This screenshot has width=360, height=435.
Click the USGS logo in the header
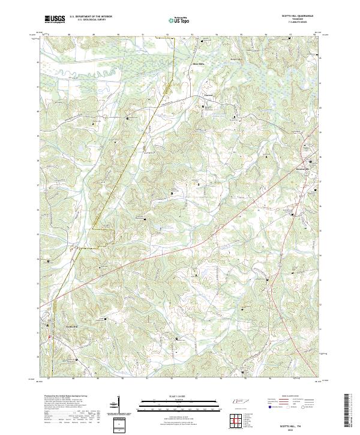tap(55, 19)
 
